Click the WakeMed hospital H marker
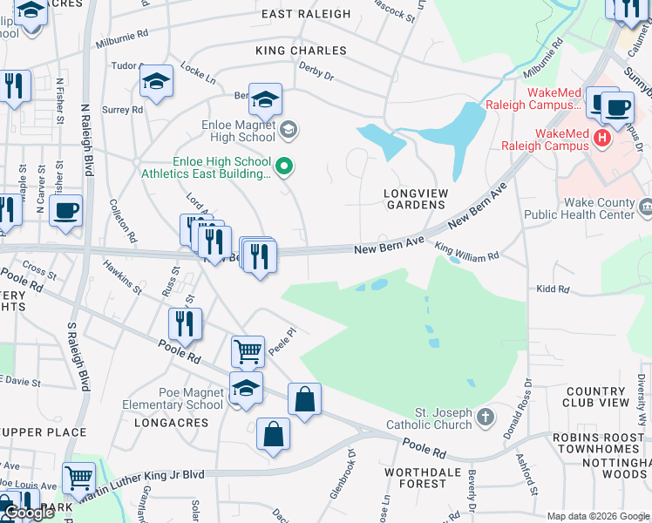[601, 138]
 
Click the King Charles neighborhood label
[301, 51]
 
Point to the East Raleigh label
[305, 14]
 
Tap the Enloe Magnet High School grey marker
[289, 131]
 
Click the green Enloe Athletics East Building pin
[283, 166]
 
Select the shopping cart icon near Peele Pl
[248, 352]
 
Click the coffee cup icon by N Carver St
[65, 210]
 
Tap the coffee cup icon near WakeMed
[617, 108]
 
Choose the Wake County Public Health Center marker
[646, 207]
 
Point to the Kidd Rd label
[553, 289]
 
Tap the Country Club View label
[596, 397]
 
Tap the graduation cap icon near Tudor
[157, 81]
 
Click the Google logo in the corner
[31, 513]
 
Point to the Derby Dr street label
[316, 71]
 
